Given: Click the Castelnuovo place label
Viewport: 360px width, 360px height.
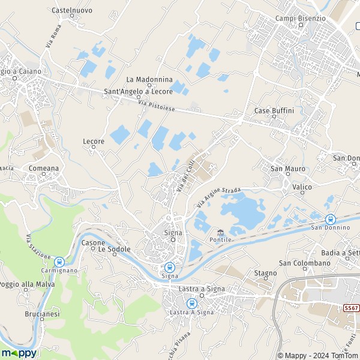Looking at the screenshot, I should point(71,10).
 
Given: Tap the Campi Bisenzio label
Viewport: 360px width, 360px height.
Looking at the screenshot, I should point(300,18).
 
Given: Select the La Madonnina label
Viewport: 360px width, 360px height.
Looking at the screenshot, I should point(149,79).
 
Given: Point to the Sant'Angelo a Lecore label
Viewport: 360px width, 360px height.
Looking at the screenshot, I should point(139,91).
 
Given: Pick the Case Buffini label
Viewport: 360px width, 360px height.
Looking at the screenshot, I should point(274,111).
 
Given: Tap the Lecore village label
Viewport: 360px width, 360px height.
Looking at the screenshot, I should point(94,142).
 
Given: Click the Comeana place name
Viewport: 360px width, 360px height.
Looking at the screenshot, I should point(44,169).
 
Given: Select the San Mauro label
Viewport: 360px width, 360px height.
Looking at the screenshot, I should point(288,169).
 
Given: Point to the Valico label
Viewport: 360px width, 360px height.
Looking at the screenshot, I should point(302,187).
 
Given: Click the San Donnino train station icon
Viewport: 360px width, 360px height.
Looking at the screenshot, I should point(330,220).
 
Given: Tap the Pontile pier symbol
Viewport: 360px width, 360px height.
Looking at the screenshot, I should point(220,232).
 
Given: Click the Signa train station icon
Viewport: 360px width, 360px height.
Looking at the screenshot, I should point(170,267).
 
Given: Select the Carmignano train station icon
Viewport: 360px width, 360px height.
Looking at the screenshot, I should point(59,262).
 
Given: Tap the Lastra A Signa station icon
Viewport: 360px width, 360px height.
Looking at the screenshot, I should point(191,304).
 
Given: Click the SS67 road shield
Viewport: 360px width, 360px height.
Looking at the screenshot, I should point(352,307).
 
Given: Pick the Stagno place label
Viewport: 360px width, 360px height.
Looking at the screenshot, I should point(265,273).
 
